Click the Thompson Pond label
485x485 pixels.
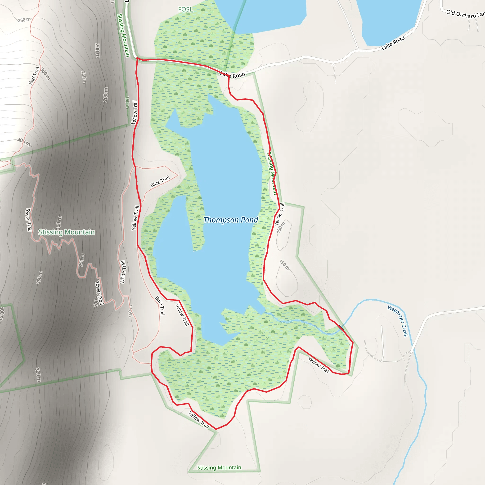tap(230, 220)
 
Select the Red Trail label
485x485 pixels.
tap(34, 76)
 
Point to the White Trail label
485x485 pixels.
tap(122, 272)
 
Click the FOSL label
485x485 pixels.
tap(185, 9)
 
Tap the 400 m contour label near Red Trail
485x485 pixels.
tap(24, 142)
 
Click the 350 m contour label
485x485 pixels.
tap(39, 277)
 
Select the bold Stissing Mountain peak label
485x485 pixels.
tap(67, 232)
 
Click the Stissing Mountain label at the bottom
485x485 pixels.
tap(219, 467)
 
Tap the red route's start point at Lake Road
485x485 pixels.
tap(137, 58)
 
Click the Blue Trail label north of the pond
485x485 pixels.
tap(160, 181)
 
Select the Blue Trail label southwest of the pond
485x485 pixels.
tap(160, 305)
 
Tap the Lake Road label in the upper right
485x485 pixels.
tap(393, 43)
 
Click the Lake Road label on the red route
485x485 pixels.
tap(233, 75)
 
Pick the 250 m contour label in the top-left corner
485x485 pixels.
tap(24, 20)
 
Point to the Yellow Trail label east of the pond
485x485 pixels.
tap(280, 214)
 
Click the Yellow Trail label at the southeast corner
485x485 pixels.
tap(319, 365)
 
